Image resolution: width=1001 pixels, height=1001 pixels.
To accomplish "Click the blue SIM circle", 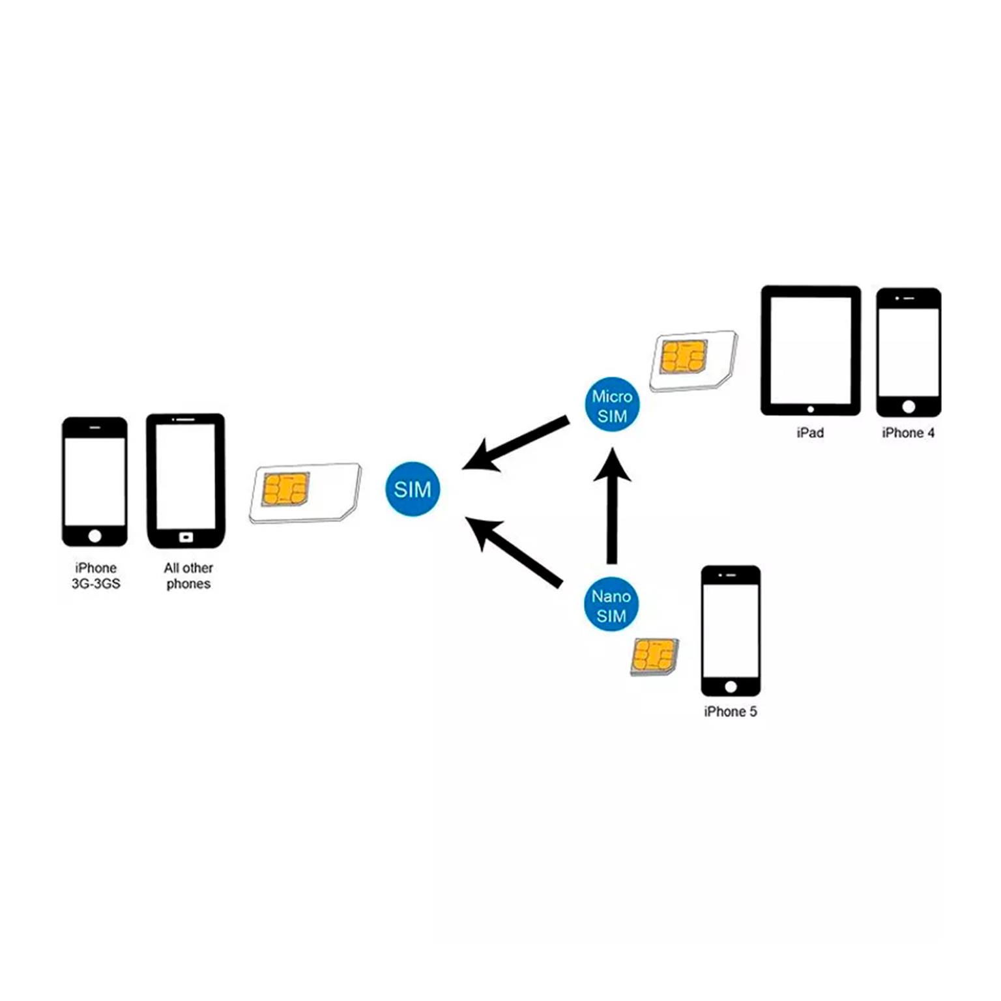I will (x=413, y=489).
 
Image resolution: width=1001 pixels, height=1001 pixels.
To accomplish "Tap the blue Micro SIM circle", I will (x=612, y=405).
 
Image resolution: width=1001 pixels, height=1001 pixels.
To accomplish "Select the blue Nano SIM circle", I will (x=611, y=605).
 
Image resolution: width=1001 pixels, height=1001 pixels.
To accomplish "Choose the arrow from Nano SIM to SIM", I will (x=515, y=551).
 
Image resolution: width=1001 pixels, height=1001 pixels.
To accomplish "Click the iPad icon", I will (x=811, y=350).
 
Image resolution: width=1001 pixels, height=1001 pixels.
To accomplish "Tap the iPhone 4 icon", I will (x=908, y=352).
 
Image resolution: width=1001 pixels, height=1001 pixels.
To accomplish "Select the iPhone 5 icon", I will (x=731, y=631).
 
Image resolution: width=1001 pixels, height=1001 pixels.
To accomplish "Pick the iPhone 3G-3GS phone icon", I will (x=94, y=482).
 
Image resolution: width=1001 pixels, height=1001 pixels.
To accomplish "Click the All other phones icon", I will (x=186, y=481).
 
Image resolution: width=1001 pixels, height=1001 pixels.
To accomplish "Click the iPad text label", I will (x=810, y=433).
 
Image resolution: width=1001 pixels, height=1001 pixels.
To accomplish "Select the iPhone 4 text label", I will (x=908, y=433).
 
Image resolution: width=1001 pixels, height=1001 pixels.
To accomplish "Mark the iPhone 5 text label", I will (x=730, y=712).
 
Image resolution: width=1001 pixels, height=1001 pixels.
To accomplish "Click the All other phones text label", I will (x=188, y=576).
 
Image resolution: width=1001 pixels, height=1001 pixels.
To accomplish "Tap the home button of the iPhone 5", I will (x=731, y=687).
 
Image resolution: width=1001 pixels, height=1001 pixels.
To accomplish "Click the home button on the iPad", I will (x=811, y=410).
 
